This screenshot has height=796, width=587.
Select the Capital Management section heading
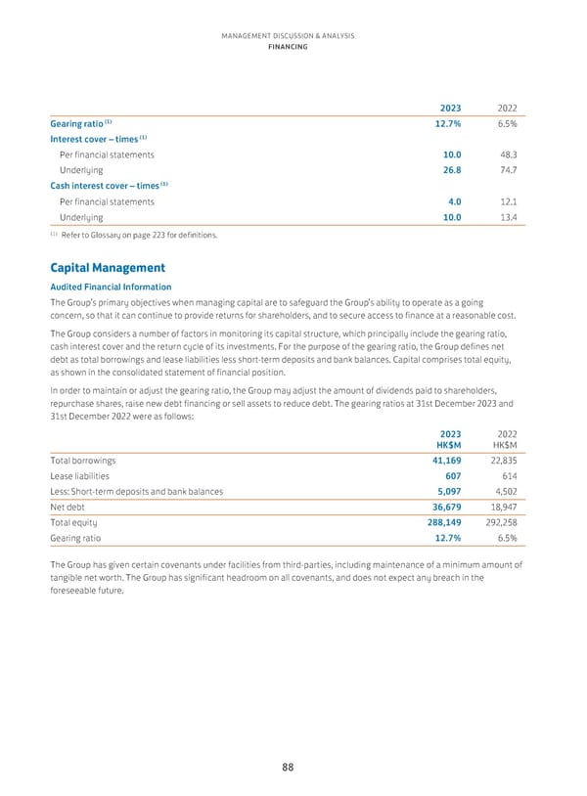coord(108,267)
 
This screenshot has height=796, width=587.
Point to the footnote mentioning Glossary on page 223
coord(133,235)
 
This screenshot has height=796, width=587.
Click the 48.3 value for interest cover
coord(508,155)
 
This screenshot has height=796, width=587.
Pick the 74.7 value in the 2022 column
coord(508,170)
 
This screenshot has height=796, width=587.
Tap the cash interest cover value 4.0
coord(453,201)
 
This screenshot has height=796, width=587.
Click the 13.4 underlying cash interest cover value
coord(508,217)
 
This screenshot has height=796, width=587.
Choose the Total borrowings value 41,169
coord(445,459)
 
